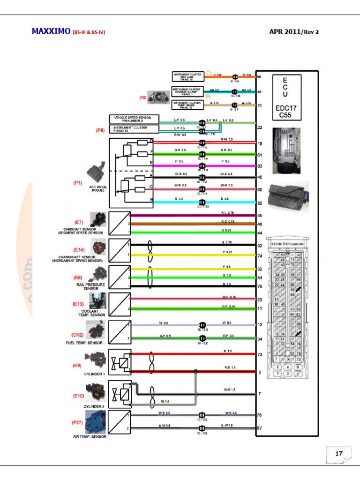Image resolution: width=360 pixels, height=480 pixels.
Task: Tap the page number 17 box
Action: tap(339, 453)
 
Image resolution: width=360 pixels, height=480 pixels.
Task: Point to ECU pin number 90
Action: tap(259, 76)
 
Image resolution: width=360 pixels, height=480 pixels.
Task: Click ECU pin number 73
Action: tap(259, 354)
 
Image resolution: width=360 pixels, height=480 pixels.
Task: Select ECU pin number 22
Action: tap(259, 127)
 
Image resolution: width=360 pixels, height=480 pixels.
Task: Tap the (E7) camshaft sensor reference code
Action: tap(79, 221)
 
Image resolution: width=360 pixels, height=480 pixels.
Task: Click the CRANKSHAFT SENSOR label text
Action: tap(77, 257)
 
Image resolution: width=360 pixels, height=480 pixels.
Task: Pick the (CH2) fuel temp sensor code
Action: tap(78, 335)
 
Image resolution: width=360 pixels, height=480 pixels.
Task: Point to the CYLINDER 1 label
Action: tap(94, 374)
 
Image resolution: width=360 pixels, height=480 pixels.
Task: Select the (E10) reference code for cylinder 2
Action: tap(78, 396)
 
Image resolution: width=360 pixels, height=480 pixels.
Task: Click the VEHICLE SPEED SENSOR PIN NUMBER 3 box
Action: tap(134, 119)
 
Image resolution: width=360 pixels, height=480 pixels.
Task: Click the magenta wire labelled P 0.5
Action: tap(187, 165)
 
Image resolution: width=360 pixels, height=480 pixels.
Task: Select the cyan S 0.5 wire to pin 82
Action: tap(187, 202)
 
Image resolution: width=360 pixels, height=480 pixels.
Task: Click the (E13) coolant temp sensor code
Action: tap(78, 304)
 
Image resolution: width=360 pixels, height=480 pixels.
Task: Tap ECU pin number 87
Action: tap(259, 428)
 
